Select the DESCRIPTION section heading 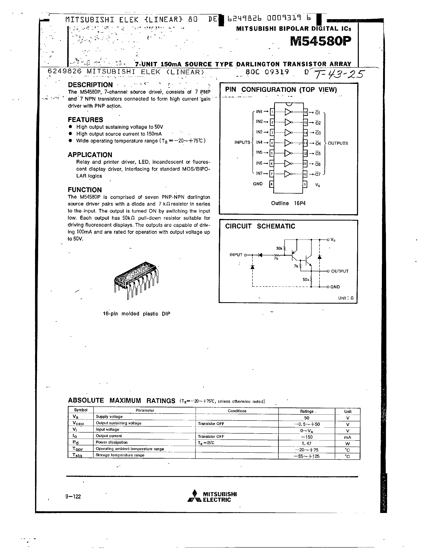coord(90,85)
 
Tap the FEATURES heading coord(85,120)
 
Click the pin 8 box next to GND coord(271,184)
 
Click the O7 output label coord(318,174)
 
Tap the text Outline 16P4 coord(288,203)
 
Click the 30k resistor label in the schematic coord(279,248)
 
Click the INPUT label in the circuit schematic coord(236,255)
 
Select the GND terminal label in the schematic coord(335,287)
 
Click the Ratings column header coord(307,412)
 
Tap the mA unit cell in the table coord(347,437)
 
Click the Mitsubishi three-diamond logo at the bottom coord(194,497)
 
